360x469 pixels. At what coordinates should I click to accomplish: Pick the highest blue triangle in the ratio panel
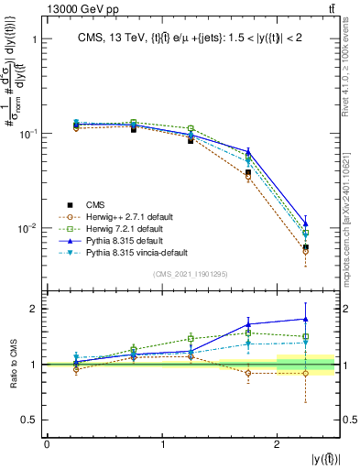pyautogui.click(x=305, y=319)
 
